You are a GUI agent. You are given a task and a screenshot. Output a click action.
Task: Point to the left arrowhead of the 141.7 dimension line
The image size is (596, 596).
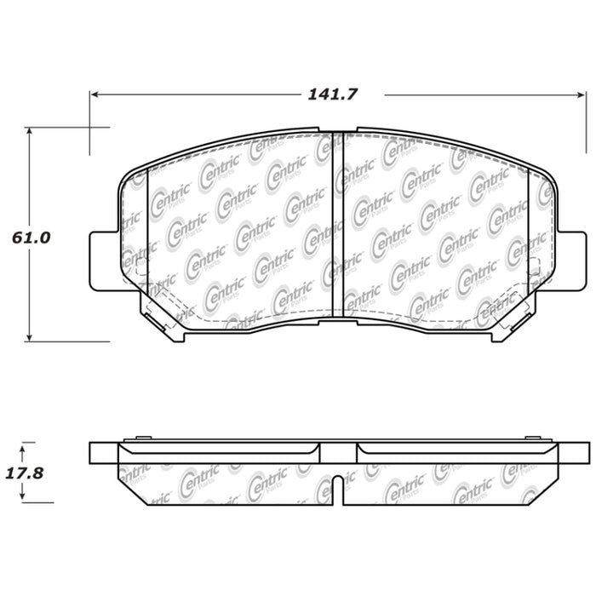pos(95,95)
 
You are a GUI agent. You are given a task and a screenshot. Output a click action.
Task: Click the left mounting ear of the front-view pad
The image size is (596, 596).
pos(103,255)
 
